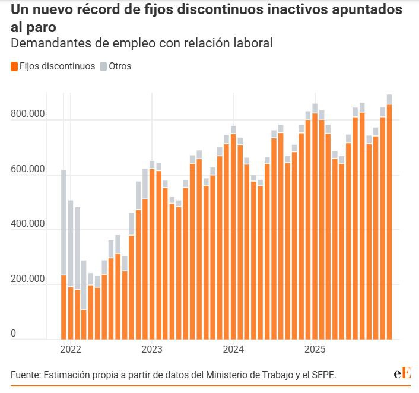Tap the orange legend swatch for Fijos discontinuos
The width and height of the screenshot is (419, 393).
[x=14, y=66]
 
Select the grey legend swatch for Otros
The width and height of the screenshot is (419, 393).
[x=104, y=66]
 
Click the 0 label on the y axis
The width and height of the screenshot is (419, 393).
[x=13, y=334]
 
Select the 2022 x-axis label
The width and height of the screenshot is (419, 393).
[x=71, y=348]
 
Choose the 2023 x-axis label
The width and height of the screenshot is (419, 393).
[x=152, y=348]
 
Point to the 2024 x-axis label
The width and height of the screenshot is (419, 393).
[x=233, y=348]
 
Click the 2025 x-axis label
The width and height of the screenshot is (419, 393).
[x=315, y=348]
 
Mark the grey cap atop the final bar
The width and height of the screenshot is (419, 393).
[x=389, y=99]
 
